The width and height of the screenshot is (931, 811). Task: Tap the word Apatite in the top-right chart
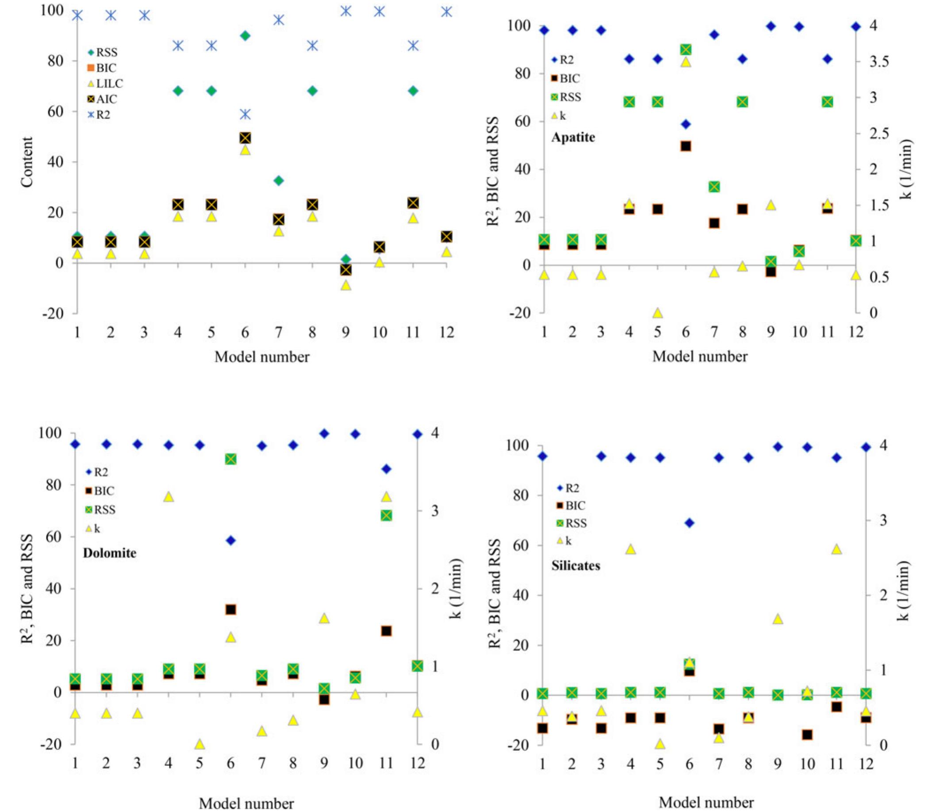[x=573, y=137]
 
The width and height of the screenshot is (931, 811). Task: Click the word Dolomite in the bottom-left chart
[x=110, y=553]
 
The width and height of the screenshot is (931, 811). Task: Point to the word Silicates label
[x=576, y=565]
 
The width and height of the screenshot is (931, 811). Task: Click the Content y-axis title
[x=27, y=161]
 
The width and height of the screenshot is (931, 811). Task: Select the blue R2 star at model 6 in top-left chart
[x=245, y=114]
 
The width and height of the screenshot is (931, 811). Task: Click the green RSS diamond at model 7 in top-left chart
[x=278, y=180]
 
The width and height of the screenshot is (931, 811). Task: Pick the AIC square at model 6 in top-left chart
[x=245, y=138]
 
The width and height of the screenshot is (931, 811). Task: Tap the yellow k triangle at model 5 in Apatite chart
[x=657, y=313]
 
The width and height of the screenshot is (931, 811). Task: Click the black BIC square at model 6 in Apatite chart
[x=686, y=146]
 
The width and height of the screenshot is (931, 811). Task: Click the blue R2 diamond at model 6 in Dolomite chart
[x=231, y=540]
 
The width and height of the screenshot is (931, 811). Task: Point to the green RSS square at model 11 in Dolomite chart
[x=386, y=515]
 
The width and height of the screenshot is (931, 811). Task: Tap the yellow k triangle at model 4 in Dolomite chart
[x=169, y=497]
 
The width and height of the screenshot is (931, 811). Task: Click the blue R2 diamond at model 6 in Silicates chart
[x=690, y=523]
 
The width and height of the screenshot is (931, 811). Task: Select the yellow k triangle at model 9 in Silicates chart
[x=778, y=619]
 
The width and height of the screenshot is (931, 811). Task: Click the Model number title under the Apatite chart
[x=700, y=356]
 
